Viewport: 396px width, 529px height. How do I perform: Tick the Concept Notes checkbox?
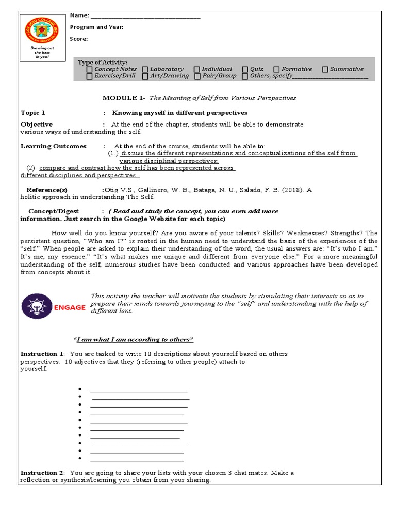(x=90, y=69)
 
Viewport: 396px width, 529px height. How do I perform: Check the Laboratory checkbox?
(x=145, y=69)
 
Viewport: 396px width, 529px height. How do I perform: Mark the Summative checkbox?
(x=325, y=69)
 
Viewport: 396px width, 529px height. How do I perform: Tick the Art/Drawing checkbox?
(x=145, y=76)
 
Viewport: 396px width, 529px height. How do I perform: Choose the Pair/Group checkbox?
(x=197, y=76)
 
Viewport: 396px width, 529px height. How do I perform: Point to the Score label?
(x=79, y=39)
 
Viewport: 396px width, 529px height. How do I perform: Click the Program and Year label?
(x=96, y=27)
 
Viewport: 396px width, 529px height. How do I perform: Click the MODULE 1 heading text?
(x=123, y=98)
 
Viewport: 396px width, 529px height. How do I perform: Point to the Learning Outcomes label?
(x=54, y=146)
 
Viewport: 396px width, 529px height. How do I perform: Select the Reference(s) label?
(x=47, y=190)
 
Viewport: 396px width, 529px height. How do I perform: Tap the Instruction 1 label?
(x=42, y=354)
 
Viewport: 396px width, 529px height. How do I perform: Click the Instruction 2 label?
(x=42, y=473)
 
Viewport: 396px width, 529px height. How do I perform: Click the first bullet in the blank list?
(x=80, y=389)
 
